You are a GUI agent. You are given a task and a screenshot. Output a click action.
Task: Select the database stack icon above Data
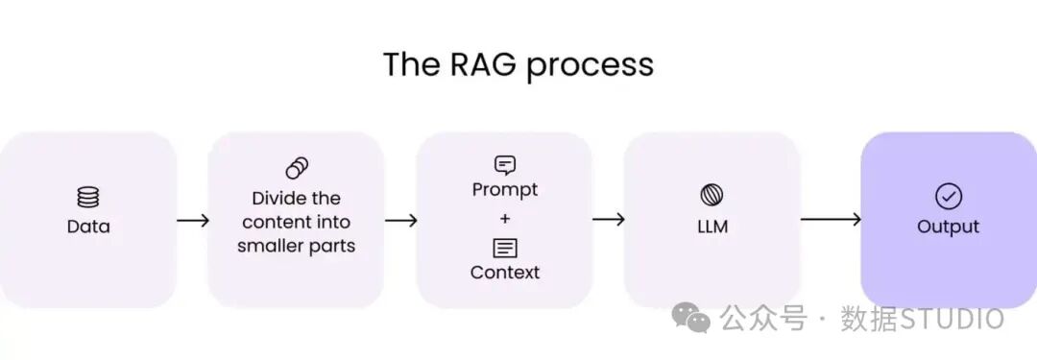coord(88,197)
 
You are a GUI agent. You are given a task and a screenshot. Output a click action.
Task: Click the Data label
coord(88,227)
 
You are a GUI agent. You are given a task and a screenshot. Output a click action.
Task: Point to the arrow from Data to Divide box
coord(193,221)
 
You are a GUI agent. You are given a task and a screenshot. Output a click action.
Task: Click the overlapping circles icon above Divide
coord(297,168)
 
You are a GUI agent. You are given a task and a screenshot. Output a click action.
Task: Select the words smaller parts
coord(297,247)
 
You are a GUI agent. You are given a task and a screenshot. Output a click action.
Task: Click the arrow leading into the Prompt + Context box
coord(400,221)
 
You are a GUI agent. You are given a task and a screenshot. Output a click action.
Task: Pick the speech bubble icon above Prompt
coord(505,165)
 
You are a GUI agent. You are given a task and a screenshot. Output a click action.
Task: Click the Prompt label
coord(505,190)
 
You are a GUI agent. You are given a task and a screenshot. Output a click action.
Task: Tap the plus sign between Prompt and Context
coord(505,218)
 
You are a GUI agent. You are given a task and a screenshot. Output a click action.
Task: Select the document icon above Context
coord(505,249)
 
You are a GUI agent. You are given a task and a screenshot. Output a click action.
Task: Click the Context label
coord(505,272)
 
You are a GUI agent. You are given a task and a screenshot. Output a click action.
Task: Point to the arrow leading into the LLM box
coord(609,220)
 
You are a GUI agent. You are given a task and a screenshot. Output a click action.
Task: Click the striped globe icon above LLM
coord(711,195)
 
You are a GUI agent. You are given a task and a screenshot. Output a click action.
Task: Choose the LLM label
coord(712,227)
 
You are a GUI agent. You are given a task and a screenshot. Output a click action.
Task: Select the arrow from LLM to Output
coord(831,219)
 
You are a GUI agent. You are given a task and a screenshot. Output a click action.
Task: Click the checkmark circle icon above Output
coord(949,197)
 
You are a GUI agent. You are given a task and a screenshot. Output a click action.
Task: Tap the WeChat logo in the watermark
coord(691,318)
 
